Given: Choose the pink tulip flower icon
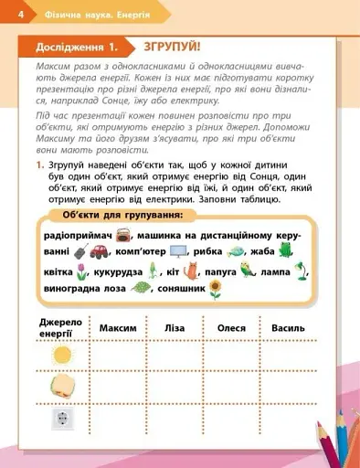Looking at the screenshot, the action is click(x=81, y=271).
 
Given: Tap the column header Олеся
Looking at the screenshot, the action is click(x=233, y=327).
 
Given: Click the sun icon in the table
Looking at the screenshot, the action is click(x=63, y=355).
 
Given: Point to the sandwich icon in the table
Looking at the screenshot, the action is click(x=63, y=388).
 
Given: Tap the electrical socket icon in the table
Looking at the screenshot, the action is click(x=63, y=420).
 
